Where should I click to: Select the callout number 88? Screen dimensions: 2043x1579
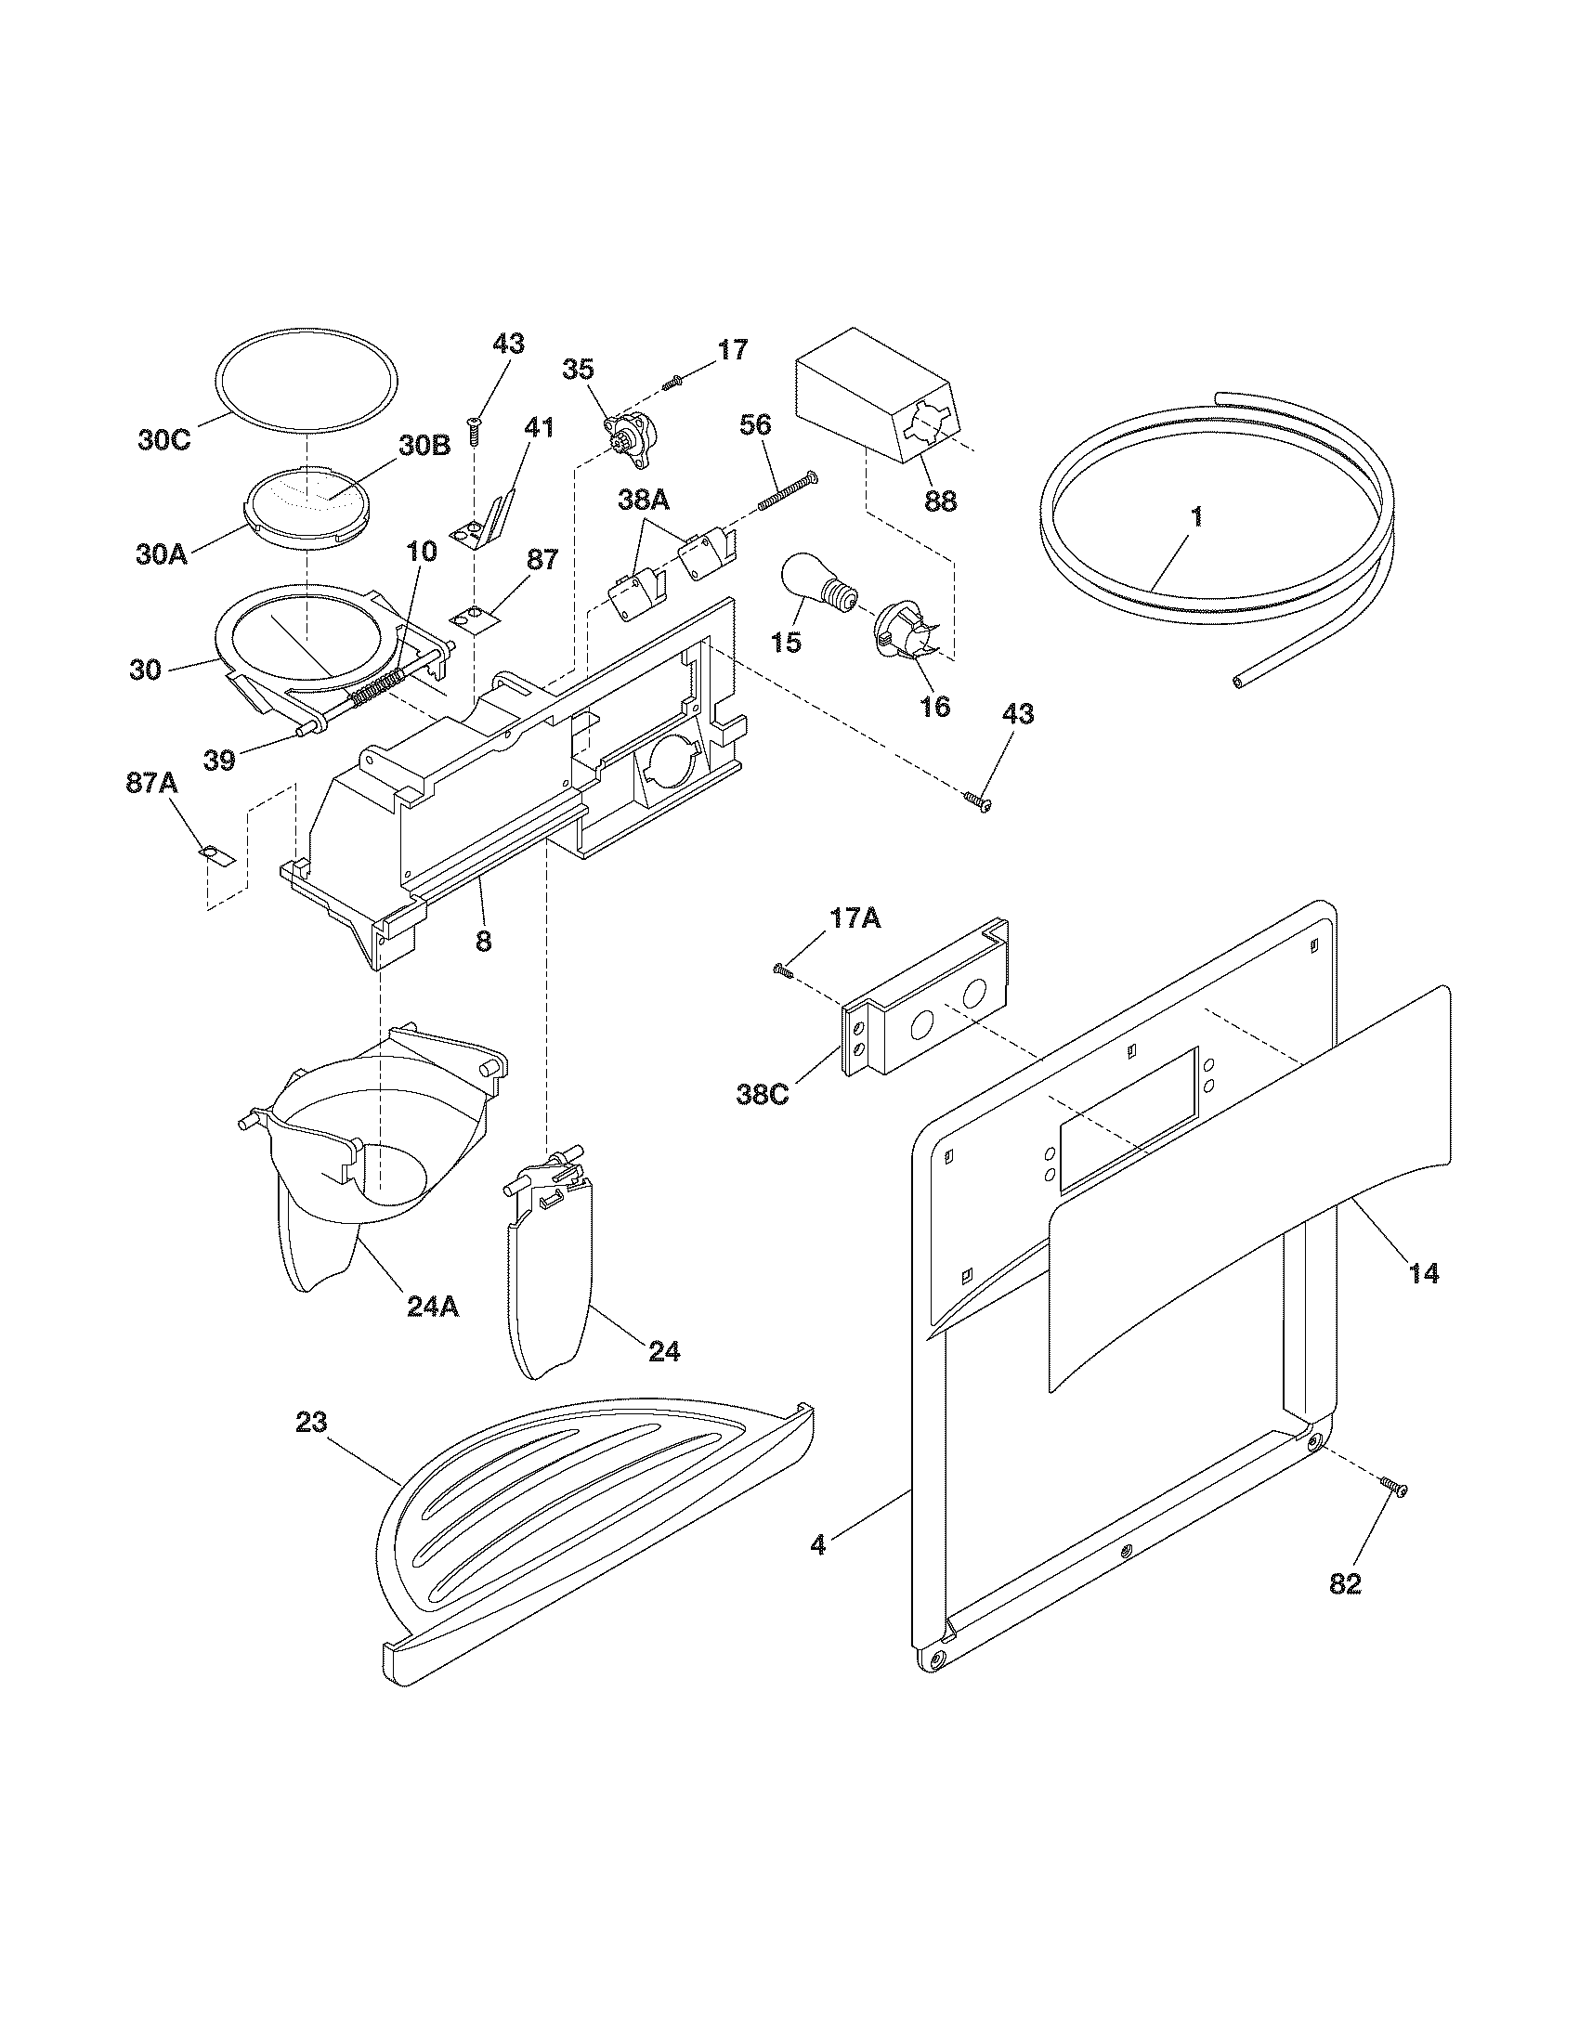pyautogui.click(x=940, y=501)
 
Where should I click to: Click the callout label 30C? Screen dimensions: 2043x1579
pyautogui.click(x=164, y=439)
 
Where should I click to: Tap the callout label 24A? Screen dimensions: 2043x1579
pyautogui.click(x=433, y=1306)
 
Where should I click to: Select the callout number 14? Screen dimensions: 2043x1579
pyautogui.click(x=1423, y=1272)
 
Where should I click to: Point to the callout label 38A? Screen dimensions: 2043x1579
pyautogui.click(x=644, y=500)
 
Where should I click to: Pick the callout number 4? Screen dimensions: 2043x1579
pyautogui.click(x=817, y=1544)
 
